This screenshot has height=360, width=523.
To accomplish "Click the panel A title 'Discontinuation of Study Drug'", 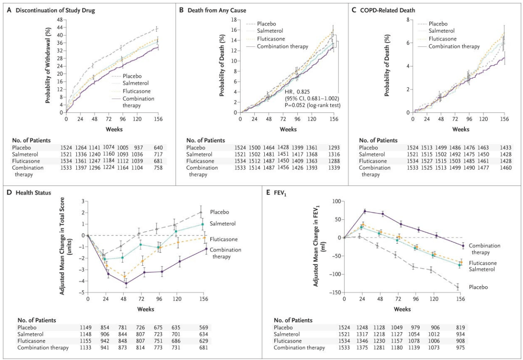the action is pos(55,10).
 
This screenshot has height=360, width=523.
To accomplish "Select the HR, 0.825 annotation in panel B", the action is pos(297,92).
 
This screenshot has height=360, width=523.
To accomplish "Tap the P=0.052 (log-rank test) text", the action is pos(312,106).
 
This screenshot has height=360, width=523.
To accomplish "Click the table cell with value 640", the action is pos(158,148).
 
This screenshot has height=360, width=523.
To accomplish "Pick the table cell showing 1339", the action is pos(334,168).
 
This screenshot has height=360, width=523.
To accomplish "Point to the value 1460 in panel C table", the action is pos(506,168).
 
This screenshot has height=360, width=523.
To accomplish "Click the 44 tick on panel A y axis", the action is pos(60,27).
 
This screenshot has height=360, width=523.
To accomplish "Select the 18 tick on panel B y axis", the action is pos(234,20).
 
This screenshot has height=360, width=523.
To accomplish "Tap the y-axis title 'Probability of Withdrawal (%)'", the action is pos(48,65).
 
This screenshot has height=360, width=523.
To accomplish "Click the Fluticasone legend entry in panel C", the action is pos(442,39).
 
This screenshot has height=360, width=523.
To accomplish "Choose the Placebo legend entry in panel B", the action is pos(266,24).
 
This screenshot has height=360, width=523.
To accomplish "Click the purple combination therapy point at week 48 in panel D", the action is pos(126,284).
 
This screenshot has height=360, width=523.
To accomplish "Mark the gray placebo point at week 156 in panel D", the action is pos(201,212).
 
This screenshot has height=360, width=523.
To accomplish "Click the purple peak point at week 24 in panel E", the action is pos(365,211).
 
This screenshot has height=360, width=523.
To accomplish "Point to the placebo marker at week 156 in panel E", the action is pos(457,287).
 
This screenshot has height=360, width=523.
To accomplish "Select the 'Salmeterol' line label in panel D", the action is pos(223,224).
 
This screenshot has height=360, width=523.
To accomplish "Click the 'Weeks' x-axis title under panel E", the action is pos(402,309).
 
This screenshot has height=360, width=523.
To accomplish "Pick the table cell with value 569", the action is pos(204,327).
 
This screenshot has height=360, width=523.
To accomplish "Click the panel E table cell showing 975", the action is pos(460,347).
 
